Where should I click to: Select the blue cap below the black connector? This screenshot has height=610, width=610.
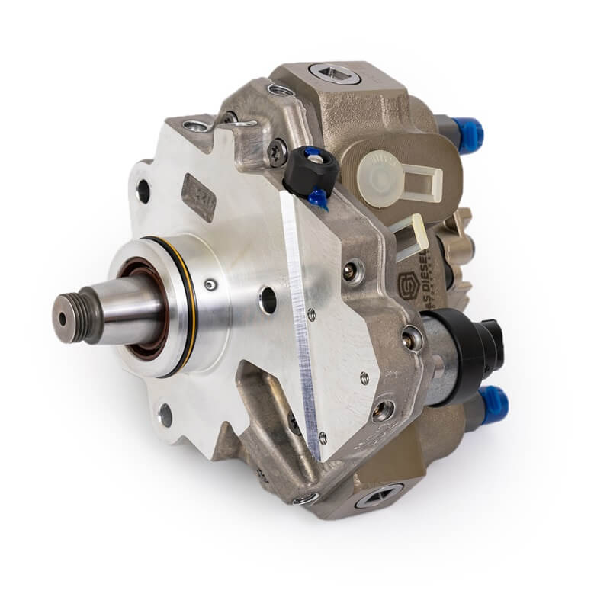click(x=493, y=401)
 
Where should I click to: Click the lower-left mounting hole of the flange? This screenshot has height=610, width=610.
click(x=165, y=416)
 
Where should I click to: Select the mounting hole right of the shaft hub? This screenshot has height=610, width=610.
click(x=268, y=300)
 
